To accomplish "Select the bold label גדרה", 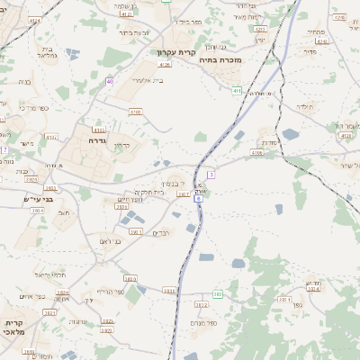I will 98,140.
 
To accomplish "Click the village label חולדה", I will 303,106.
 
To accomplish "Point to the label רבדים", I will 162,233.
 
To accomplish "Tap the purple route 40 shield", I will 109,81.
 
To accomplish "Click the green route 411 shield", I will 236,91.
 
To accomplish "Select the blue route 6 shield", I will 199,198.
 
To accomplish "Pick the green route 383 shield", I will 217,294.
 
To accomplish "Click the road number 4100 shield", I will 135,111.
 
